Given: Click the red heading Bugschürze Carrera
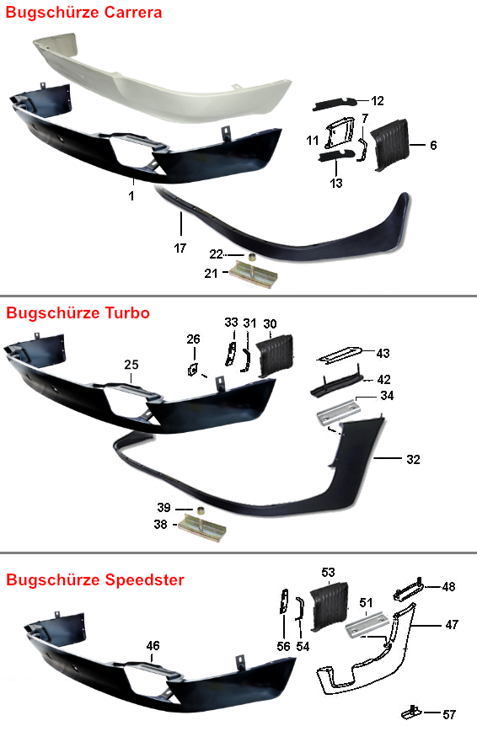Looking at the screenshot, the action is click(83, 13).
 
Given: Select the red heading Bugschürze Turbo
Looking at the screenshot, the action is click(78, 312).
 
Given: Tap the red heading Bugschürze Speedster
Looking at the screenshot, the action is click(95, 579).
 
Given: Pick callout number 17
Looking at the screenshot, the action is click(180, 248).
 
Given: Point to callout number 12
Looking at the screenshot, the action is click(378, 101).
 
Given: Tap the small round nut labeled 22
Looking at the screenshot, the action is click(254, 258).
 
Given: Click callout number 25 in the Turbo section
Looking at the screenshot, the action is click(131, 365).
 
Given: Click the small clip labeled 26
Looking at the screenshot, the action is click(193, 368).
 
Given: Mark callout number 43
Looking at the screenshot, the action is click(383, 353).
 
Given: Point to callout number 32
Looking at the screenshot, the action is click(413, 460).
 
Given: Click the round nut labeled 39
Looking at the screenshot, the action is click(201, 511).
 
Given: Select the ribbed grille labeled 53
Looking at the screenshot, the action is click(330, 607).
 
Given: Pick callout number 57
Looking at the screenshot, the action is click(449, 714).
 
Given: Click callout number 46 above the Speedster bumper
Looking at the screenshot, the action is click(153, 645).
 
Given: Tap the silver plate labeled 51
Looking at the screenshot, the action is click(368, 626).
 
